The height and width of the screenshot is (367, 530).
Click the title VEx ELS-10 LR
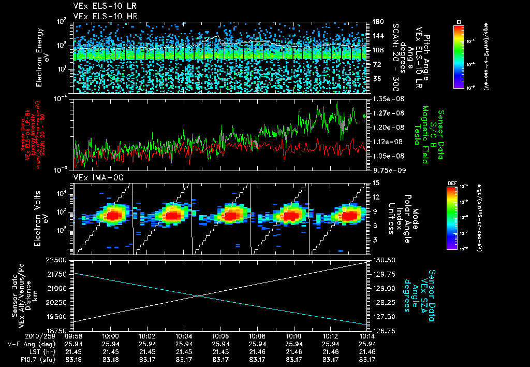(x=102, y=6)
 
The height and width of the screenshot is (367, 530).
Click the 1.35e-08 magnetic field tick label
(x=384, y=98)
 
